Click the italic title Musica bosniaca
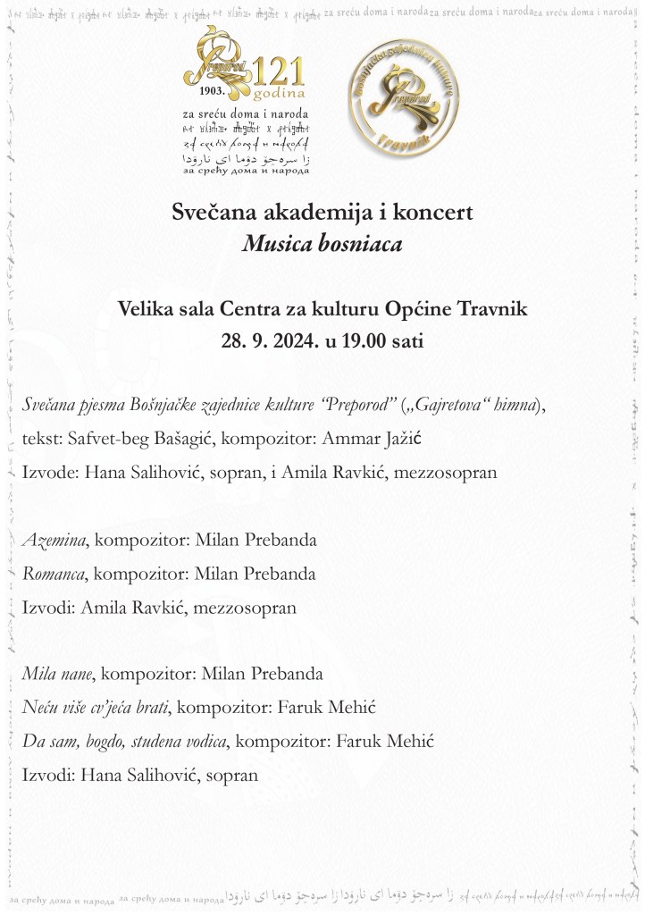(x=322, y=243)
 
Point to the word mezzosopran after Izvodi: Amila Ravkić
(x=247, y=607)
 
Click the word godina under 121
(x=279, y=93)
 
